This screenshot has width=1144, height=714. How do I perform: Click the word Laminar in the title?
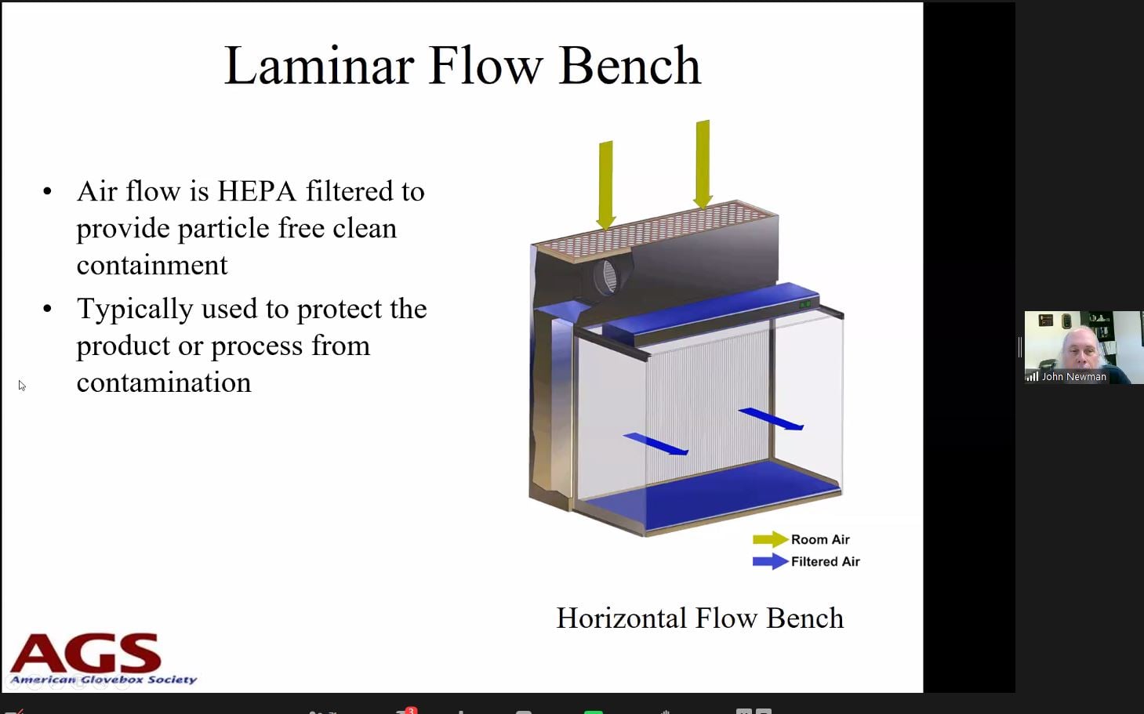click(x=319, y=66)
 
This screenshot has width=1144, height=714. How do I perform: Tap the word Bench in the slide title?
click(x=630, y=66)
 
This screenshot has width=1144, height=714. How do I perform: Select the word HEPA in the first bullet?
click(x=257, y=192)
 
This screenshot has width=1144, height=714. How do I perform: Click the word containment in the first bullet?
click(x=152, y=266)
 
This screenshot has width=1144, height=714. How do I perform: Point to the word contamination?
click(x=164, y=382)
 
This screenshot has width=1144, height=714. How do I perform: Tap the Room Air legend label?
click(x=820, y=539)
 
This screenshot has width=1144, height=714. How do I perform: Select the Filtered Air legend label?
click(x=826, y=561)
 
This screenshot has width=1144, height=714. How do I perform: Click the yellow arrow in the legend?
click(x=770, y=539)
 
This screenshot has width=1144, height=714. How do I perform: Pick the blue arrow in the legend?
click(x=770, y=561)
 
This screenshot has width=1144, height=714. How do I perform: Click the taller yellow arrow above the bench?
click(x=703, y=165)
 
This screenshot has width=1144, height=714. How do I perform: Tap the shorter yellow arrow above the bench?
click(x=605, y=186)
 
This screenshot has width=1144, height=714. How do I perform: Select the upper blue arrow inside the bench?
click(x=771, y=419)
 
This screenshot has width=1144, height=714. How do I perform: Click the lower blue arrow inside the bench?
click(x=656, y=444)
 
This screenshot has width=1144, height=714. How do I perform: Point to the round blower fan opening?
click(x=608, y=276)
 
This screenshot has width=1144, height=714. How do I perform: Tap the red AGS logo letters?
click(x=85, y=654)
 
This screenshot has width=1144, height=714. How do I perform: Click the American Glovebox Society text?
click(x=104, y=680)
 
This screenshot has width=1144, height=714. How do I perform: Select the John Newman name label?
click(x=1074, y=377)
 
